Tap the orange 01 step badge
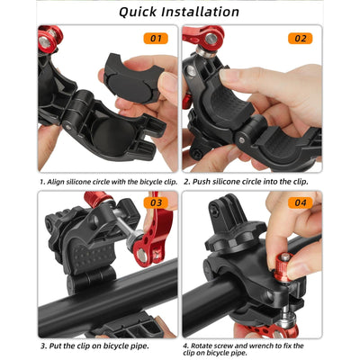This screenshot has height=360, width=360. [x=156, y=39]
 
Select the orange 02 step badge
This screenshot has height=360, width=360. [x=300, y=39]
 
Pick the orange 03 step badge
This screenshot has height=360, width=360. [x=156, y=203]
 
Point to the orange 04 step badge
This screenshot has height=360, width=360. [x=300, y=203]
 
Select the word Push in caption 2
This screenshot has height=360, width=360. [x=199, y=181]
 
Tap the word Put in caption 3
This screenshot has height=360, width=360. [x=54, y=346]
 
